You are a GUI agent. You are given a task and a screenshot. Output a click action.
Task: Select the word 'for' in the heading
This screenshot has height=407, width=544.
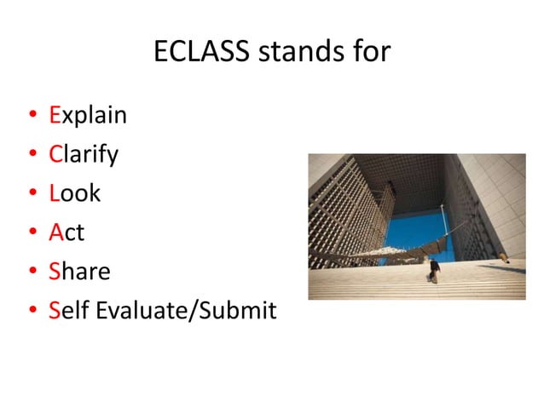coord(372,52)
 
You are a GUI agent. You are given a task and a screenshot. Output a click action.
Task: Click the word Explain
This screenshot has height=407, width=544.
coord(88,115)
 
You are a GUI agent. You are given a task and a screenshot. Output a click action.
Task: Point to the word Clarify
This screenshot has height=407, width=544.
coord(84,154)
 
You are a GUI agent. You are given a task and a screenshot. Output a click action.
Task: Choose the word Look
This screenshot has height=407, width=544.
coord(75,193)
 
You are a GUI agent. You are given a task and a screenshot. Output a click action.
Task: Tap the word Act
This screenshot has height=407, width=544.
coord(67,232)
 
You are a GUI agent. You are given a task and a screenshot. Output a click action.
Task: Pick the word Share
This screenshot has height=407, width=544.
coord(80,272)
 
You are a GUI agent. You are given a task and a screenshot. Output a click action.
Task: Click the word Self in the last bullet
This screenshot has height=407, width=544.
coord(69,311)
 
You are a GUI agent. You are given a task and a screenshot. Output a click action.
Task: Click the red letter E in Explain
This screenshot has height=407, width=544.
coord(55,115)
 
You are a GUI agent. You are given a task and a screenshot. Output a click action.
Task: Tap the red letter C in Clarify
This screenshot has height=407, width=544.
coord(55,154)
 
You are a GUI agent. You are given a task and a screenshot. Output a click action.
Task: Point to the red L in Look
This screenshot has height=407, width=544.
coord(54,193)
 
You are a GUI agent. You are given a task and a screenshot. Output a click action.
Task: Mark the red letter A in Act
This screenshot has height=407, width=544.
coord(56,232)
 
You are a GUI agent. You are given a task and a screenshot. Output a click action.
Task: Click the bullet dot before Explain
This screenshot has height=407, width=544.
coord(32,116)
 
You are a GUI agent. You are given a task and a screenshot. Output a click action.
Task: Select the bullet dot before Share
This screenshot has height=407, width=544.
coord(32,272)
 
